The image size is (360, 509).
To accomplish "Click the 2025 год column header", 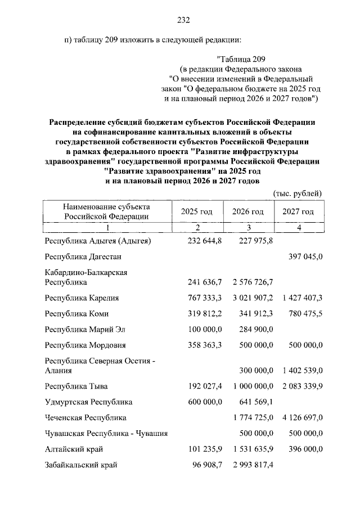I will [196, 211].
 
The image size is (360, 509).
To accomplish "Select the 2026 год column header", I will [247, 211].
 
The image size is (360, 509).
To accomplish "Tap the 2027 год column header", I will [298, 211].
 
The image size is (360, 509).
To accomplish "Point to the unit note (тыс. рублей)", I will [298, 193].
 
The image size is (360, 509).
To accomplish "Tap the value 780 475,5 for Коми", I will [304, 314].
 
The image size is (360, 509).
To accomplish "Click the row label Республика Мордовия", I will [85, 345].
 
